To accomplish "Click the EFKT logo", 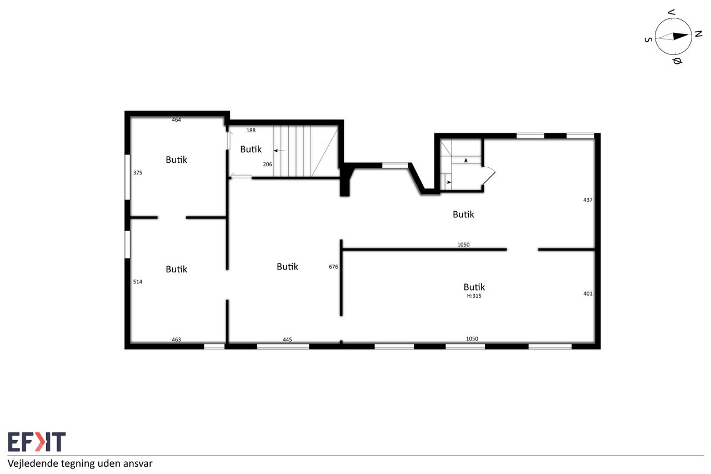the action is (37, 442).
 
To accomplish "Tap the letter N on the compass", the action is (698, 34).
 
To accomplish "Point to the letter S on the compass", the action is (648, 39).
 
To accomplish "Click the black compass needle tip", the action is (688, 35).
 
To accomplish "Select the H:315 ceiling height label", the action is (474, 296).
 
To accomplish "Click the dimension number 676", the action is (333, 267).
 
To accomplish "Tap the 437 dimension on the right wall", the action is (588, 200).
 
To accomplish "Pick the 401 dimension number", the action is (588, 293).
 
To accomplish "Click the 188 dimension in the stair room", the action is (251, 131).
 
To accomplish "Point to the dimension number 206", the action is (268, 164).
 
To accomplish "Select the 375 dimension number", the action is (138, 173).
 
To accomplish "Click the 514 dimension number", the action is (138, 282).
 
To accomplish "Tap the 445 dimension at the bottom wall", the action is (287, 340).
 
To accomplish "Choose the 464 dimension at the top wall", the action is (177, 119).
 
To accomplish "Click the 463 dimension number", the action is (177, 340).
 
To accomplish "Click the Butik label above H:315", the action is (474, 287).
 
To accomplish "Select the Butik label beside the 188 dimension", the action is (251, 149).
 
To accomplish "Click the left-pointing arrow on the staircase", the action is (279, 151).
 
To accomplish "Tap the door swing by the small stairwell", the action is (489, 176).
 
